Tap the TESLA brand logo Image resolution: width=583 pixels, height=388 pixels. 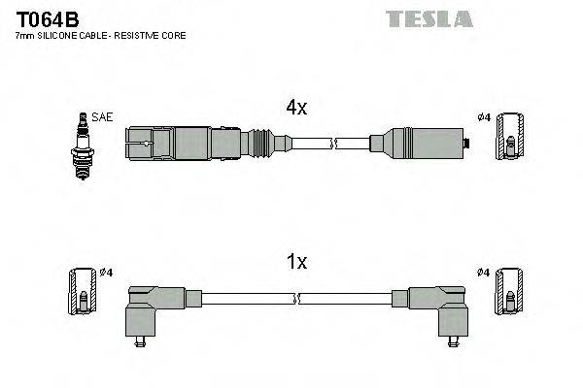point(429,18)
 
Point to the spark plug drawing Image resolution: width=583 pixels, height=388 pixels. point(83,146)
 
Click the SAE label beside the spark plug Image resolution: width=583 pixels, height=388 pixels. point(105,117)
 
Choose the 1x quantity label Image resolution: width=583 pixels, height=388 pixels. point(296,262)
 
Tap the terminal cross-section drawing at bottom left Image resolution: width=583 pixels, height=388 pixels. point(84,291)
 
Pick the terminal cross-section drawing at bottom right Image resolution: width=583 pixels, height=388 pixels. point(510,291)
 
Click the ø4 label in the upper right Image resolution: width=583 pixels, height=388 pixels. point(483,117)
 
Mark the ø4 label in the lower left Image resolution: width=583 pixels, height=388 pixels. point(106,272)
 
